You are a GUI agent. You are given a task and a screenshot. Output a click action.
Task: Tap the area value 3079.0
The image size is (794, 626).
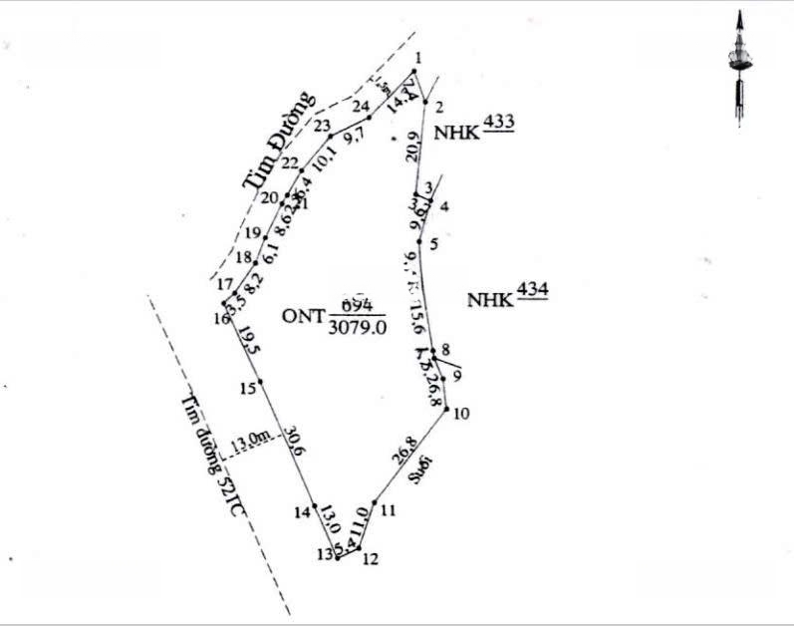356,326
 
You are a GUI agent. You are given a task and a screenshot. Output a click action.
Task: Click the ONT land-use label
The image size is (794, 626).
306,316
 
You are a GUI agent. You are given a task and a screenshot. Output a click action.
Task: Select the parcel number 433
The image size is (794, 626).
498,123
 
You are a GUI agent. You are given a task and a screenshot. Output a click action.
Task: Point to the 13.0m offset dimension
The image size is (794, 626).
250,438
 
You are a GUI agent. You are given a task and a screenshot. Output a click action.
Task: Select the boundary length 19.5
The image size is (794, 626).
249,346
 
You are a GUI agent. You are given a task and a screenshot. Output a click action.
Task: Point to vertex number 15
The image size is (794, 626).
247,389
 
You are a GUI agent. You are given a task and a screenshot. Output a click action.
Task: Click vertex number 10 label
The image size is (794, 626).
460,415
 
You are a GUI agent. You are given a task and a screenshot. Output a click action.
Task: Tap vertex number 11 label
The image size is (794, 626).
388,511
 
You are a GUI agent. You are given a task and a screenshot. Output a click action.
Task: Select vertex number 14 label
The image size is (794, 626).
303,512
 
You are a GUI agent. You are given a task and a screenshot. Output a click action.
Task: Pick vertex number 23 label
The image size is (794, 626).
322,126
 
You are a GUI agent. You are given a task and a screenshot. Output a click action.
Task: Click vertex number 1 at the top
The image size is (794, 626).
417,58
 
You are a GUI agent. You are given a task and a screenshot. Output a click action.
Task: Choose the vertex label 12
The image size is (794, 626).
371,559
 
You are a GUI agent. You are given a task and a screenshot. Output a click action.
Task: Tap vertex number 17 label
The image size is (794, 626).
224,284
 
